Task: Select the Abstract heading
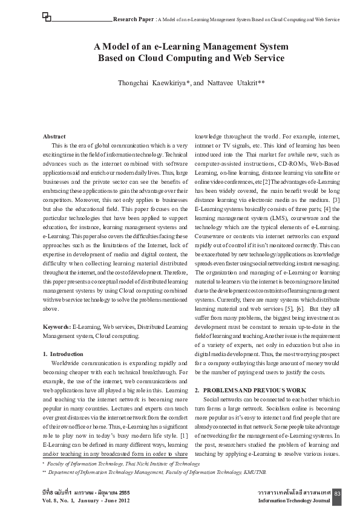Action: coord(56,137)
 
